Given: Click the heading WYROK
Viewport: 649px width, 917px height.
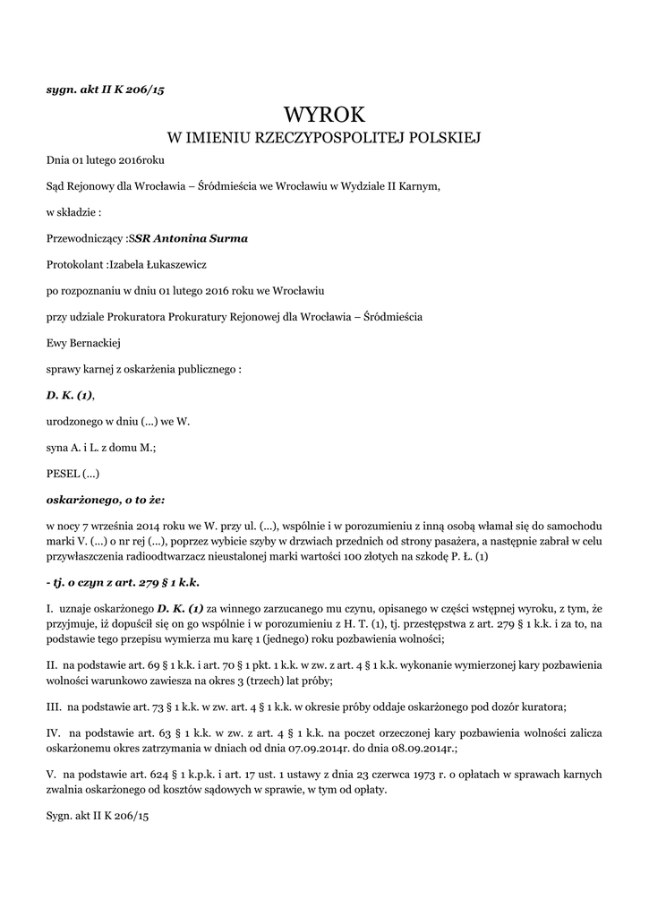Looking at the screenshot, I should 324,115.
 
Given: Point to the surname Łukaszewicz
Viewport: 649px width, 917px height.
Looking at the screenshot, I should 173,265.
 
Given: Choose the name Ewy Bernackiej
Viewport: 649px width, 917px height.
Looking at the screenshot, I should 83,342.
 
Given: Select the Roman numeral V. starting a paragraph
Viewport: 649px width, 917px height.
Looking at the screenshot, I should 51,771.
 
